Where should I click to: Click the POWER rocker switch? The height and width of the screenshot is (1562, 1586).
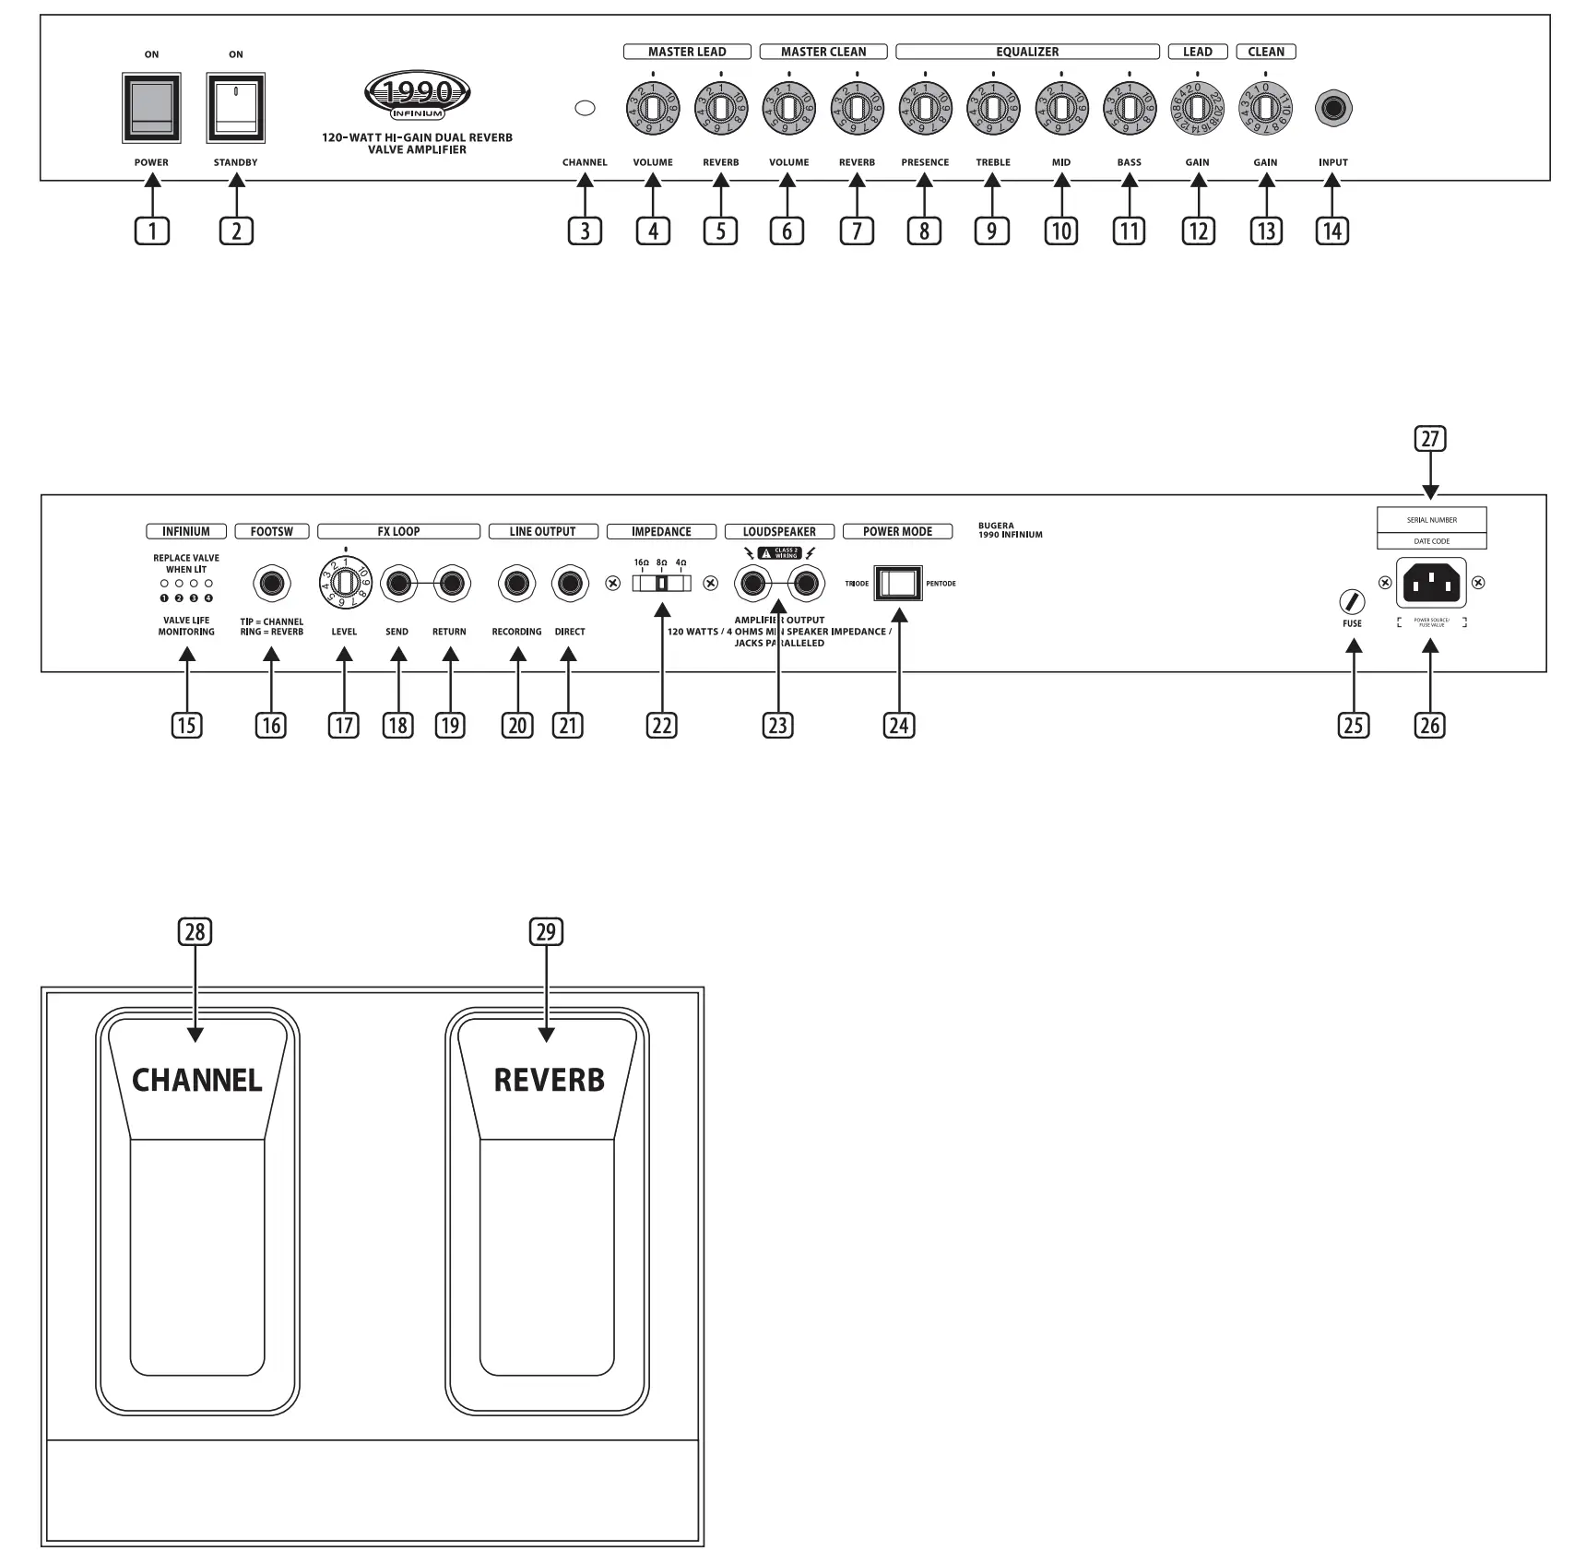151,108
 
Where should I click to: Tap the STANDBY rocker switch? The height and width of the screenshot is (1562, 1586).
236,108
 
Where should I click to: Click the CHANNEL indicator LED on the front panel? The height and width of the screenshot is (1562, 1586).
585,108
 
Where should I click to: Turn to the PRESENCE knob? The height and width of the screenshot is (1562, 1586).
925,108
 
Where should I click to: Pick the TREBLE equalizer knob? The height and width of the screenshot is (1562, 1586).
993,108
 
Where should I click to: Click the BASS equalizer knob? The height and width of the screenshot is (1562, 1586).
1130,108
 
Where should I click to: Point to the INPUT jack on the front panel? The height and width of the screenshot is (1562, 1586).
1333,108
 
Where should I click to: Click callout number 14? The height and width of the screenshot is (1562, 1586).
1332,231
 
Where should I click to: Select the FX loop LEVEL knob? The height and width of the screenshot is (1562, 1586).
344,584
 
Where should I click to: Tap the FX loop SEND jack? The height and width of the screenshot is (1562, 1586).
398,584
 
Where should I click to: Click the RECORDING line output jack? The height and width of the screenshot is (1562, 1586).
516,584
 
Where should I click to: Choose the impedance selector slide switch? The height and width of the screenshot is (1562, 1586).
661,584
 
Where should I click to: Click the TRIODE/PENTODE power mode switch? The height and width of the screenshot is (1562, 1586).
898,584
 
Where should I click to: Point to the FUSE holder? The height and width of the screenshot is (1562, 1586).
1352,602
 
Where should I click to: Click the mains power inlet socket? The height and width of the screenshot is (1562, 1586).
1431,583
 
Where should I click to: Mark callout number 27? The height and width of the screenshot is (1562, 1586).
1430,439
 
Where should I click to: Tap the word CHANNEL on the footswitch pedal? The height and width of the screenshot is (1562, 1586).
197,1080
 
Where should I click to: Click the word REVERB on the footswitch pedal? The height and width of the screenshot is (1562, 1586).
550,1080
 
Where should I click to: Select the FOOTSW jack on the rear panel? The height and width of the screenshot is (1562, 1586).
271,584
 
